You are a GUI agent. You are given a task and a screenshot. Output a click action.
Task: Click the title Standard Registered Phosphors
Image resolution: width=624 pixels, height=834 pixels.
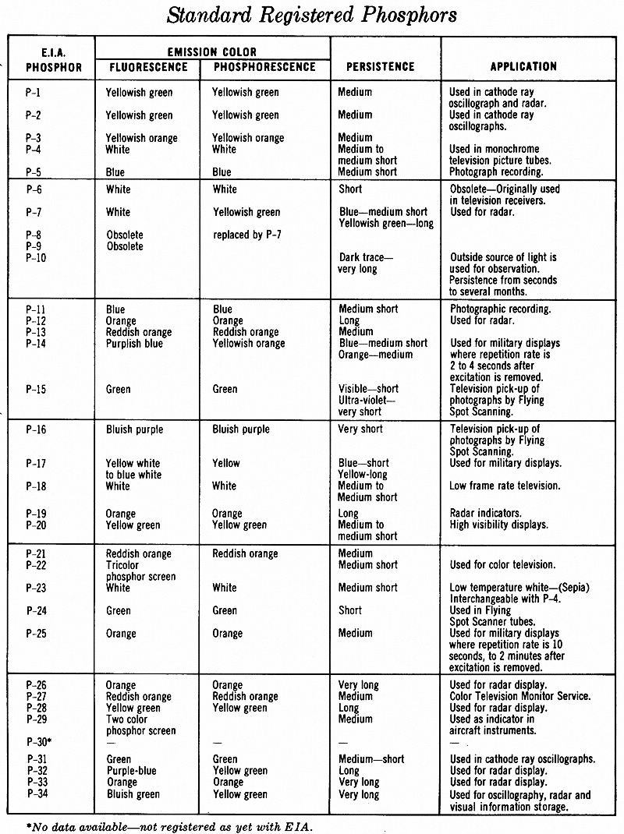tap(312, 16)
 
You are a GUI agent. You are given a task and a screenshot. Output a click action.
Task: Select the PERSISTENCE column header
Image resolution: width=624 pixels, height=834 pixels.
tap(380, 67)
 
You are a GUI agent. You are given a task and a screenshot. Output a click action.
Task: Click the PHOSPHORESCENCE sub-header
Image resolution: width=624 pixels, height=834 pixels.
tap(263, 67)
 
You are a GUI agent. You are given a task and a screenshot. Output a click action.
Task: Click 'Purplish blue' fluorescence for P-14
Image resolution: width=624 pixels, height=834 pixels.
tap(134, 344)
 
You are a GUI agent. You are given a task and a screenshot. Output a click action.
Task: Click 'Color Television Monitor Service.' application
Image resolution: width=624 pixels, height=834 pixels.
tap(520, 696)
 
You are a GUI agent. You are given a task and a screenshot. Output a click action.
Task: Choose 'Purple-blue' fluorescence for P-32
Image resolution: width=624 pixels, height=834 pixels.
tap(131, 771)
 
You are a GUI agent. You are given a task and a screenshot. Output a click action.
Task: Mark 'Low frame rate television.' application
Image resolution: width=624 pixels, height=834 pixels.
tap(505, 486)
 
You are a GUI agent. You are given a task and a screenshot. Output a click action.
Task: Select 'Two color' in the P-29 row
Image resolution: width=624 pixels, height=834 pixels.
tap(126, 719)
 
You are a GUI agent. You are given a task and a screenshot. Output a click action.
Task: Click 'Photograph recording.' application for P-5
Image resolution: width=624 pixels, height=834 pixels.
tap(496, 171)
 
